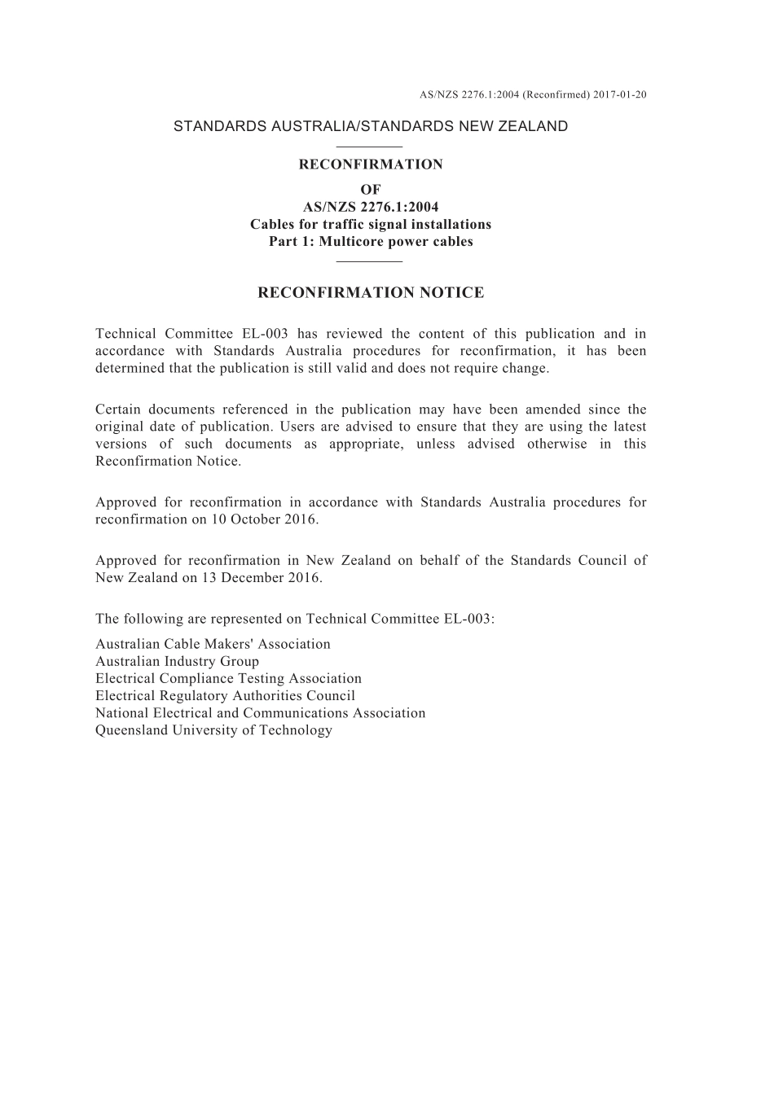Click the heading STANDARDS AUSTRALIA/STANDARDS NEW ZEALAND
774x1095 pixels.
tap(371, 126)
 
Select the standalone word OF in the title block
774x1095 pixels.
tap(371, 190)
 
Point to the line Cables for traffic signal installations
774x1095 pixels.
tap(371, 224)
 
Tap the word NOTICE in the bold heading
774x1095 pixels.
tap(451, 293)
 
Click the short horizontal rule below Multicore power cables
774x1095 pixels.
tap(370, 261)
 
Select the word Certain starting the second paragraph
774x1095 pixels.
tap(120, 410)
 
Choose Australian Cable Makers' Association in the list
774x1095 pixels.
tap(213, 644)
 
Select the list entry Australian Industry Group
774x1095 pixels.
tap(177, 661)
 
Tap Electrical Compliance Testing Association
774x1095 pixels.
tap(228, 678)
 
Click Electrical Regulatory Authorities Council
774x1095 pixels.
tap(225, 695)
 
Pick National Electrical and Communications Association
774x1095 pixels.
tap(260, 713)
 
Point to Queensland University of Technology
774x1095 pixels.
tap(213, 730)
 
